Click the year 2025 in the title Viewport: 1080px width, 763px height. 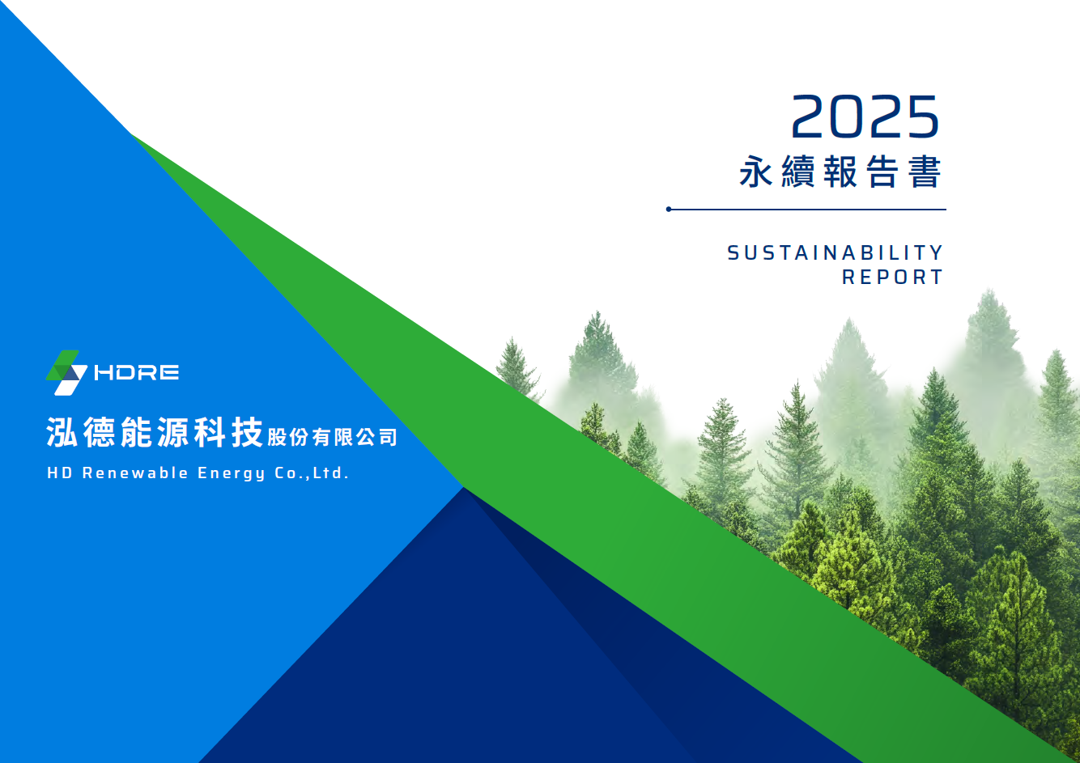(865, 117)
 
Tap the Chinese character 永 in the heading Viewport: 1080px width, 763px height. (756, 171)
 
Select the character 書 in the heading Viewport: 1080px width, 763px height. (925, 171)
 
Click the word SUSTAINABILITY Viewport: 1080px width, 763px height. (835, 252)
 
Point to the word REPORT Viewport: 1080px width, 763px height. (892, 278)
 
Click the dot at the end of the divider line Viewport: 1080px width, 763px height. (669, 210)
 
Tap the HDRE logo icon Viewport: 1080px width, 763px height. (66, 372)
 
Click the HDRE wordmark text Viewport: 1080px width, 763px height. (137, 372)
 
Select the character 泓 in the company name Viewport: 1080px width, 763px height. (62, 432)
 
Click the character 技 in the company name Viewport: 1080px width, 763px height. (247, 432)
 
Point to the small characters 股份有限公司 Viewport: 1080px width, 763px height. (332, 437)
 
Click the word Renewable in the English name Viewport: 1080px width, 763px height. (135, 473)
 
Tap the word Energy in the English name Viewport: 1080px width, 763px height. (232, 473)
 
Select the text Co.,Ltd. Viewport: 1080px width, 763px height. (312, 473)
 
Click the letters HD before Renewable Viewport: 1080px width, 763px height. (60, 473)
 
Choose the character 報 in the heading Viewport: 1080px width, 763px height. (840, 171)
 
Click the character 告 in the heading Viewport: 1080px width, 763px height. (882, 171)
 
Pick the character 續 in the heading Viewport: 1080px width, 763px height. (798, 171)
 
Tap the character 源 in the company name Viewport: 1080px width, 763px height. (172, 432)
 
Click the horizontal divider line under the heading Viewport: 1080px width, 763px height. (806, 210)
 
